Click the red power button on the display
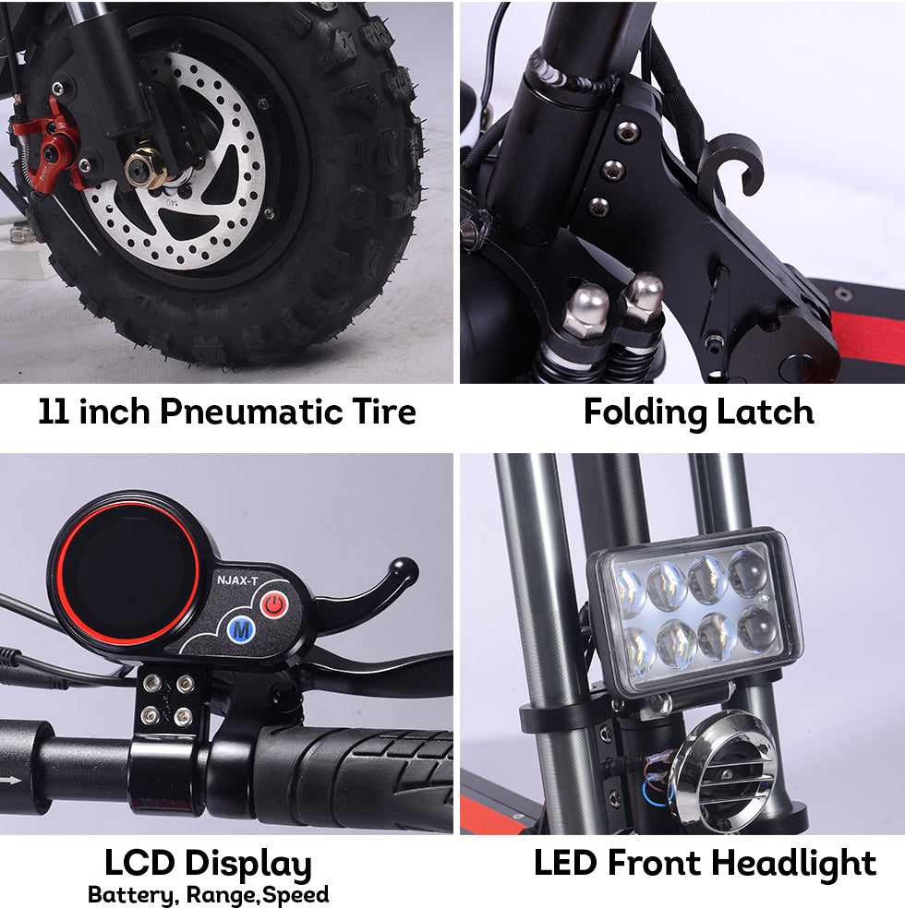(274, 604)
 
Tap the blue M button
(241, 629)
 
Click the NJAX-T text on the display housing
(237, 580)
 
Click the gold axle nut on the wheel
(144, 167)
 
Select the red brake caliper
(54, 147)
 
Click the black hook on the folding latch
(734, 165)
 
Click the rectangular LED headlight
(695, 612)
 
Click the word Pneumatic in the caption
(251, 412)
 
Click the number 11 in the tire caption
(53, 412)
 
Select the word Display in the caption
(247, 865)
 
